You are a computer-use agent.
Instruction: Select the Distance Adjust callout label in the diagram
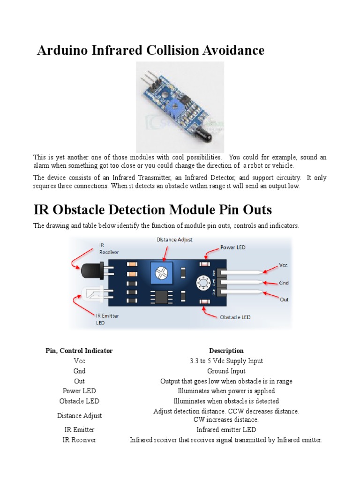pos(174,240)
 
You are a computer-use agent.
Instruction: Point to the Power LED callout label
pos(232,247)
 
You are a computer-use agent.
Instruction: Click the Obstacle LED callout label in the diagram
pos(235,317)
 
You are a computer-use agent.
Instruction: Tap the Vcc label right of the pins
pos(284,265)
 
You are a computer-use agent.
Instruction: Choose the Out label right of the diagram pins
pos(284,299)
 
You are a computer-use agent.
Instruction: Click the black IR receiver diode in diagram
pos(90,271)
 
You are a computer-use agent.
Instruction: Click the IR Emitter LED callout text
pos(107,319)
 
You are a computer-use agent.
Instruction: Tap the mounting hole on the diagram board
pos(203,283)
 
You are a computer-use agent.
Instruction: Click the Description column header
pos(226,351)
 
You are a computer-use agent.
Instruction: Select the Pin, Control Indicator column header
pos(79,351)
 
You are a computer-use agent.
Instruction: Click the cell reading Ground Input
pos(226,371)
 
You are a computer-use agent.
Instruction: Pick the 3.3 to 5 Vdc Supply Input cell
pos(226,361)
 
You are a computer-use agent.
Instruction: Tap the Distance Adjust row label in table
pos(79,415)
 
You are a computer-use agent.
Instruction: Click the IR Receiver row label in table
pos(79,440)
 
